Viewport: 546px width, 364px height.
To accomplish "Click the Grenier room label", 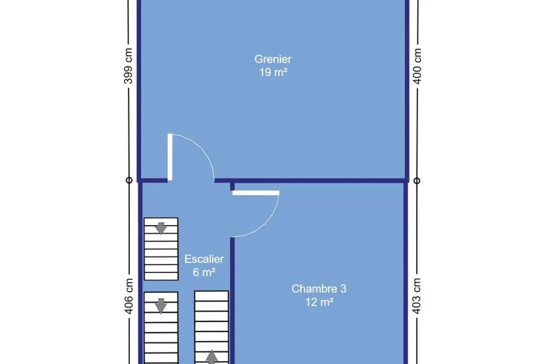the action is tap(273, 59).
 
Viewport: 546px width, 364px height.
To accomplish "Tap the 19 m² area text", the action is tap(273, 72).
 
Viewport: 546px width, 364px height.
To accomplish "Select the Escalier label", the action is tap(204, 259).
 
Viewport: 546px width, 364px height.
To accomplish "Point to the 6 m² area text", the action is tap(204, 272).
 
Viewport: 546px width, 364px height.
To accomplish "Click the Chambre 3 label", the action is tap(319, 288).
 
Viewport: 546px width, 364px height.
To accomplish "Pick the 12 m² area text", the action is tap(319, 302).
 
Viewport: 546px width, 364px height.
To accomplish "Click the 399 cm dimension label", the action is tap(128, 66).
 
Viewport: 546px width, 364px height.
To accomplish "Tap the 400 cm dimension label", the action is tap(417, 66).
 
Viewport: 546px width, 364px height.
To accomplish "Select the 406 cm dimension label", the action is tap(129, 296).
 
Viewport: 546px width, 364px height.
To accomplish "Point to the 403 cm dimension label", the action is tap(416, 296).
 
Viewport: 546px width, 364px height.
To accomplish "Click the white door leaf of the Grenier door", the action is tap(170, 157).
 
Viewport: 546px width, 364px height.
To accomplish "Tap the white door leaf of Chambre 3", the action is tap(256, 193).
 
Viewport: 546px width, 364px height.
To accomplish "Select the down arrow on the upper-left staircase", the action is tap(161, 228).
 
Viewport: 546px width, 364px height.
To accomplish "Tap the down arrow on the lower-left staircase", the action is tap(161, 306).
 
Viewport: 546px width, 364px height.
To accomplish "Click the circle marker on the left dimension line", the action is tap(129, 181).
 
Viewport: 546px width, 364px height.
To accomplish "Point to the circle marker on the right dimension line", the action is tap(417, 181).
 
